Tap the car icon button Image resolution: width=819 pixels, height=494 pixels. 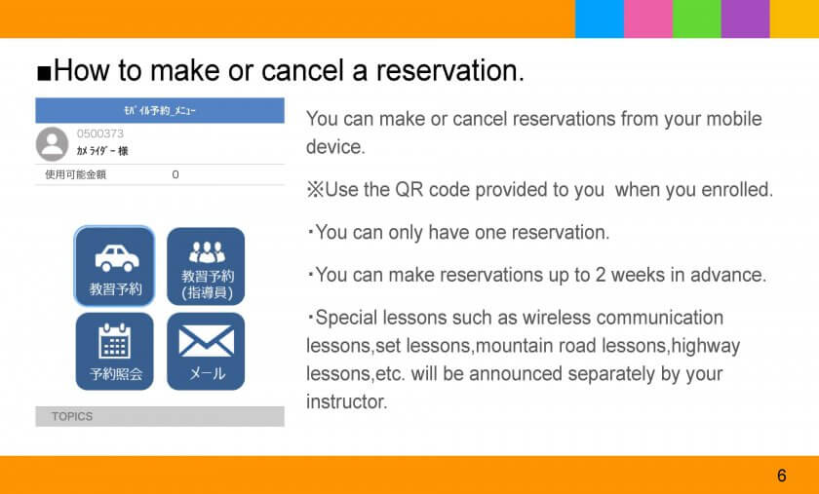click(114, 266)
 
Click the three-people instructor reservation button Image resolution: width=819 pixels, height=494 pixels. click(206, 266)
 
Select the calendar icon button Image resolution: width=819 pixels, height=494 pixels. click(114, 351)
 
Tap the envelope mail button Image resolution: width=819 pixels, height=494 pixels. click(206, 351)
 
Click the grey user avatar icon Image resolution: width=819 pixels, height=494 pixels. click(53, 143)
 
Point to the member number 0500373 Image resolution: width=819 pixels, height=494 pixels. click(100, 133)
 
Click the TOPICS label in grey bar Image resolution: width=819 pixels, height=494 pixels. click(72, 416)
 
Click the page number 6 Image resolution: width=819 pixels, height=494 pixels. click(781, 475)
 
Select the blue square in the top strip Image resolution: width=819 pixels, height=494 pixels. click(600, 19)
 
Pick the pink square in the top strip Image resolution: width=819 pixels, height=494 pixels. click(648, 19)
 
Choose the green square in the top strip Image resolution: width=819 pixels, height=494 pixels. click(697, 19)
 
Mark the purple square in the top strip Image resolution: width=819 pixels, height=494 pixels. click(745, 19)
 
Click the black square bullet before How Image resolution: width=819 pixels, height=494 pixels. click(44, 73)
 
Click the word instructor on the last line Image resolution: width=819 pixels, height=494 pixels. click(347, 402)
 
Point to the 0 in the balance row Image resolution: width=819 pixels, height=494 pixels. click(175, 174)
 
